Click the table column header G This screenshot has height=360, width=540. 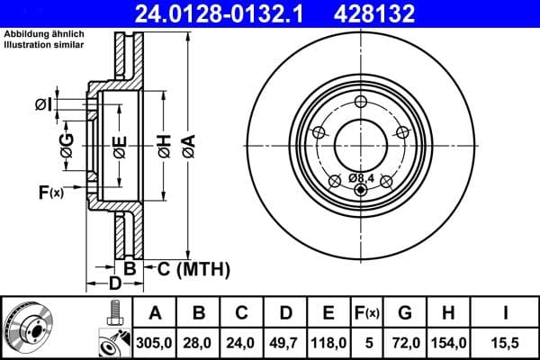pyautogui.click(x=406, y=312)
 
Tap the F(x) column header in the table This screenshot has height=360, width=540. pyautogui.click(x=366, y=312)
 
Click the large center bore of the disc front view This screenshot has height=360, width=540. pyautogui.click(x=360, y=142)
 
